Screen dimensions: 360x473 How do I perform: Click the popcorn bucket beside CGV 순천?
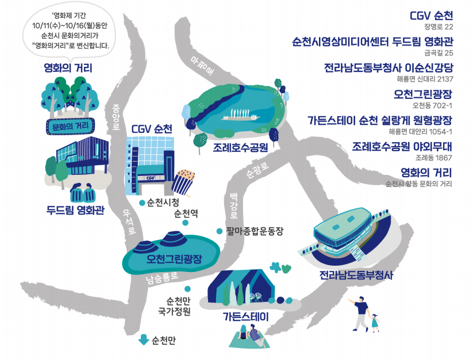[x=185, y=181]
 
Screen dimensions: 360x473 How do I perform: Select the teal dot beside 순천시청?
[x=142, y=203]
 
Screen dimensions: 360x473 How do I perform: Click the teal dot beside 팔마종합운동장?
[x=219, y=231]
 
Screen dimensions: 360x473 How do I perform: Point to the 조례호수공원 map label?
[x=241, y=147]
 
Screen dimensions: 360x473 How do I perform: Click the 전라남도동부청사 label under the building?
[x=356, y=275]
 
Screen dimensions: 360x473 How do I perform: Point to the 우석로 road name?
[x=130, y=222]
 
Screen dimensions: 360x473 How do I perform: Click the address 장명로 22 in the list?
[x=439, y=26]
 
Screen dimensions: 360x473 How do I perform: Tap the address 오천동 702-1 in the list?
[x=433, y=106]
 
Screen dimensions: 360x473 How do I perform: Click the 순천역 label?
[x=186, y=213]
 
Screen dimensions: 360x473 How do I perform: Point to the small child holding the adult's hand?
[x=375, y=323]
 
